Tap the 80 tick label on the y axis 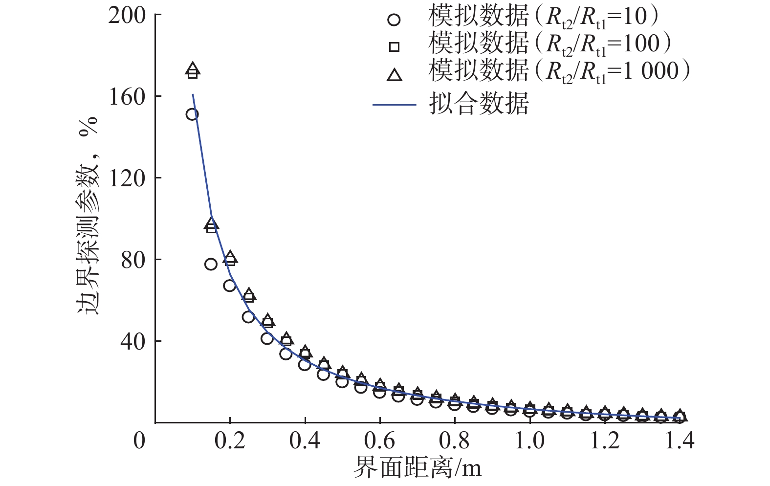[x=133, y=260]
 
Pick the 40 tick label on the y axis [x=133, y=341]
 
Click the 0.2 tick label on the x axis [x=229, y=441]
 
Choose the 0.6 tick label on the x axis [x=379, y=441]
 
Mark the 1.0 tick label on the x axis [x=530, y=441]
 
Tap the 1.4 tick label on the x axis [x=679, y=441]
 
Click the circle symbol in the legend [x=394, y=20]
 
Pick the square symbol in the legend [x=394, y=47]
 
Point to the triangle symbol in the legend [x=394, y=75]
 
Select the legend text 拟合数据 [x=479, y=103]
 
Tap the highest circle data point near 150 [x=192, y=114]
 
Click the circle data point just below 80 [x=211, y=264]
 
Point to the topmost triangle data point [x=193, y=68]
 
